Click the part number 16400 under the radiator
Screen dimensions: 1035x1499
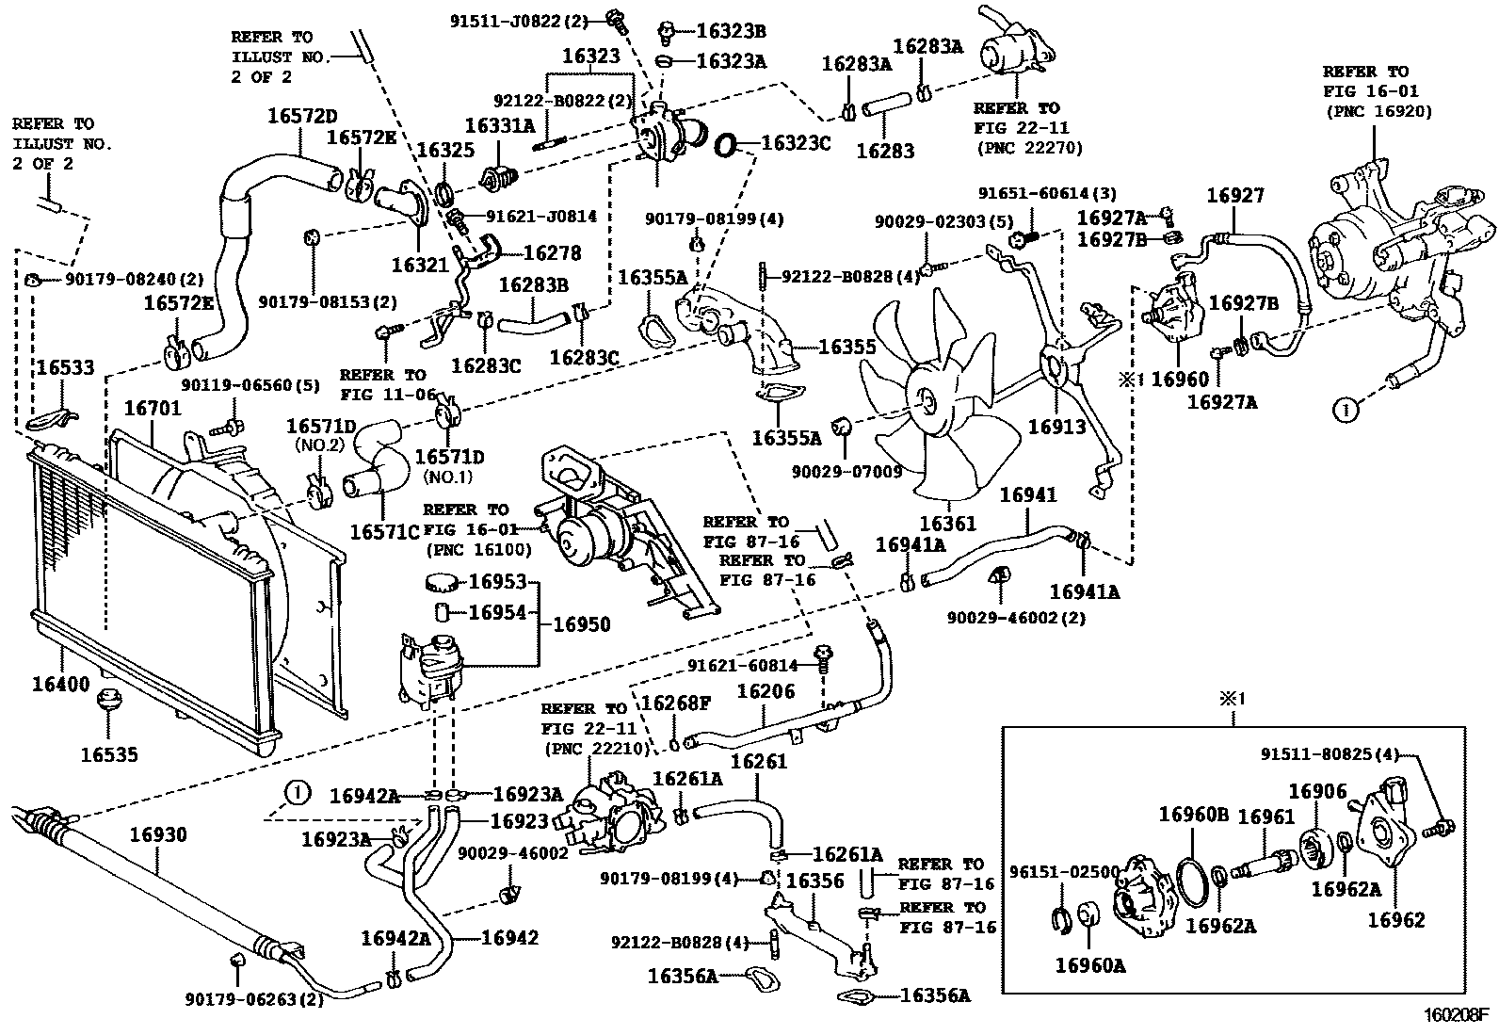click(61, 684)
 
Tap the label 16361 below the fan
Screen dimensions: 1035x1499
click(948, 524)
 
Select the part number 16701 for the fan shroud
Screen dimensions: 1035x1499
click(153, 409)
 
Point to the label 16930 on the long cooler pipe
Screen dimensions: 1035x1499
click(158, 834)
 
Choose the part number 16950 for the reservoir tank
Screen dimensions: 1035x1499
click(581, 624)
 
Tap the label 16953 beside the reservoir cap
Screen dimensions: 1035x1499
click(497, 582)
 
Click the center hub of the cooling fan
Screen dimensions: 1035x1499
click(927, 403)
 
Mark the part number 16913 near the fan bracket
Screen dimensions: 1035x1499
click(1056, 426)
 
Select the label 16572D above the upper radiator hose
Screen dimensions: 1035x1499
click(301, 117)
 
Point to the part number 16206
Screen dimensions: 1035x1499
click(766, 692)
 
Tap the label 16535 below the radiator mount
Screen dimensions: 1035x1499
click(109, 754)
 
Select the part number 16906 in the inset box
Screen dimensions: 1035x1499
click(1318, 792)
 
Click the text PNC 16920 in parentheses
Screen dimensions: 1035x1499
click(1378, 111)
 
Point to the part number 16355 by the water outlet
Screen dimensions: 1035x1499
click(847, 348)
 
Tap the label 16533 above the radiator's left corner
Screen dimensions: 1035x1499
click(65, 367)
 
